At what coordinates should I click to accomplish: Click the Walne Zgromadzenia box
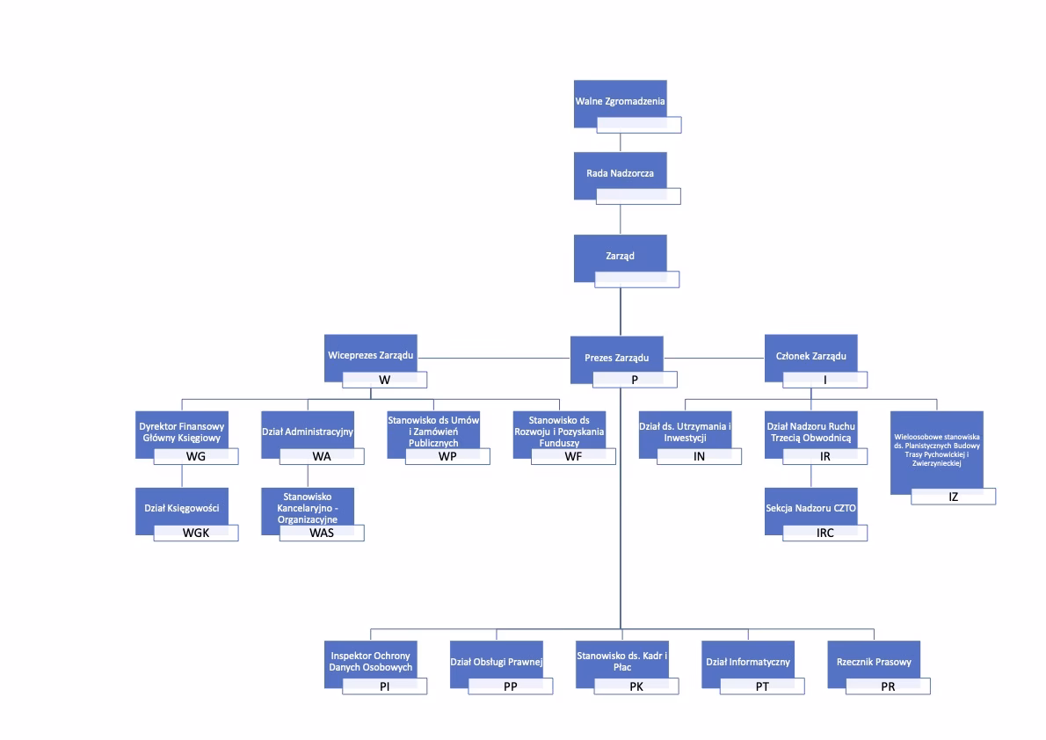click(620, 101)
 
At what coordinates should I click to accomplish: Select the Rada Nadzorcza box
click(620, 173)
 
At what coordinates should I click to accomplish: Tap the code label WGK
click(196, 533)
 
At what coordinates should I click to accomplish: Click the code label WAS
click(322, 533)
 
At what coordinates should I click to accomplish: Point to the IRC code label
click(824, 533)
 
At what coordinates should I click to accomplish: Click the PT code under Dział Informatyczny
click(762, 686)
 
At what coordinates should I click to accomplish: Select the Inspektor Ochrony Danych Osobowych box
click(370, 661)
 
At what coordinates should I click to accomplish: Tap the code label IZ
click(953, 497)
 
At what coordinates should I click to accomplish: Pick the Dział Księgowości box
click(181, 508)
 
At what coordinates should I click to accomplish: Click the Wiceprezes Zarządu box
click(369, 355)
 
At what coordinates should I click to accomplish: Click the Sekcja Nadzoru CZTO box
click(810, 508)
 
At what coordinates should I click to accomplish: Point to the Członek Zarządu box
click(810, 355)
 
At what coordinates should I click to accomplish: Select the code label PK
click(636, 686)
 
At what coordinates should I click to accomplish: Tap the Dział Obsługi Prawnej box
click(496, 661)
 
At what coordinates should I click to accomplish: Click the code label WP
click(447, 456)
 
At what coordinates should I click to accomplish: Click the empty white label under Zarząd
click(636, 279)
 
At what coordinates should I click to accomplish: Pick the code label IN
click(699, 456)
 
